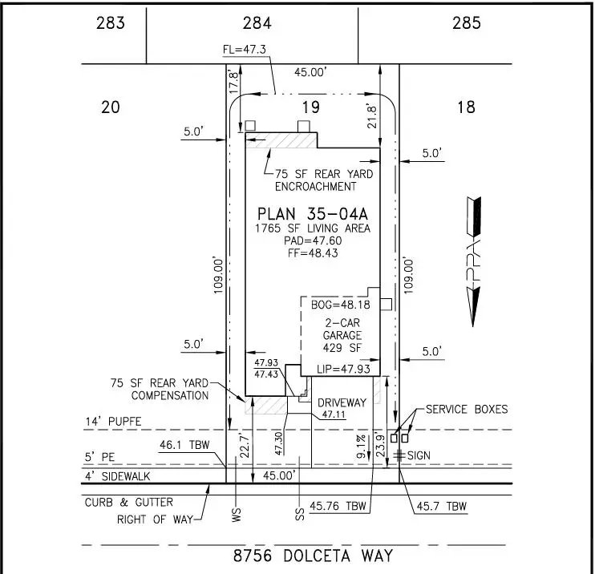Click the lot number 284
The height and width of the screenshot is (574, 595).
click(x=257, y=23)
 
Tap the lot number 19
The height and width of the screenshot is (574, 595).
click(x=311, y=107)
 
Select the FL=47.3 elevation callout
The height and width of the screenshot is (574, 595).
click(x=245, y=50)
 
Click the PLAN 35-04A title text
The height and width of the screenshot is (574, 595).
click(x=312, y=214)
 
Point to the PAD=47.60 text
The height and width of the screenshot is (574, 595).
click(x=313, y=241)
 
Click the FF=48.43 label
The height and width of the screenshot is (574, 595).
click(x=313, y=253)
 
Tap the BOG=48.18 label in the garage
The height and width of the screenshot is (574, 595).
click(x=340, y=305)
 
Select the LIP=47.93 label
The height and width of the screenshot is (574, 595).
click(x=343, y=369)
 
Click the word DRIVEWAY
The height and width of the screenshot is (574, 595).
click(x=342, y=402)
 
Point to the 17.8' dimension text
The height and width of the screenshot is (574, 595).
click(x=233, y=82)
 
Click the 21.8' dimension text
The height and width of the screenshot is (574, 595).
click(x=371, y=116)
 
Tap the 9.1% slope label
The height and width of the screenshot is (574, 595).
click(x=361, y=447)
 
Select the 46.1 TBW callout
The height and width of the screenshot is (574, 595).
click(x=184, y=445)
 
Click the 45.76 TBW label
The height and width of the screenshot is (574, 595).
click(x=338, y=506)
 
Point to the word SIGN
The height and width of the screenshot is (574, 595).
click(x=419, y=455)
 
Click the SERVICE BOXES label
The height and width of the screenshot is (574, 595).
click(x=467, y=409)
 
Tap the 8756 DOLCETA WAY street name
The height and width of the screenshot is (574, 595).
click(x=313, y=556)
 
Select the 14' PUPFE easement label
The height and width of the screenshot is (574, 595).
click(x=113, y=422)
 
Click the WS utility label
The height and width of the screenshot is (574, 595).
click(x=236, y=515)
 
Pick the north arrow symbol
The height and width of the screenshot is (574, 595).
click(x=474, y=261)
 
